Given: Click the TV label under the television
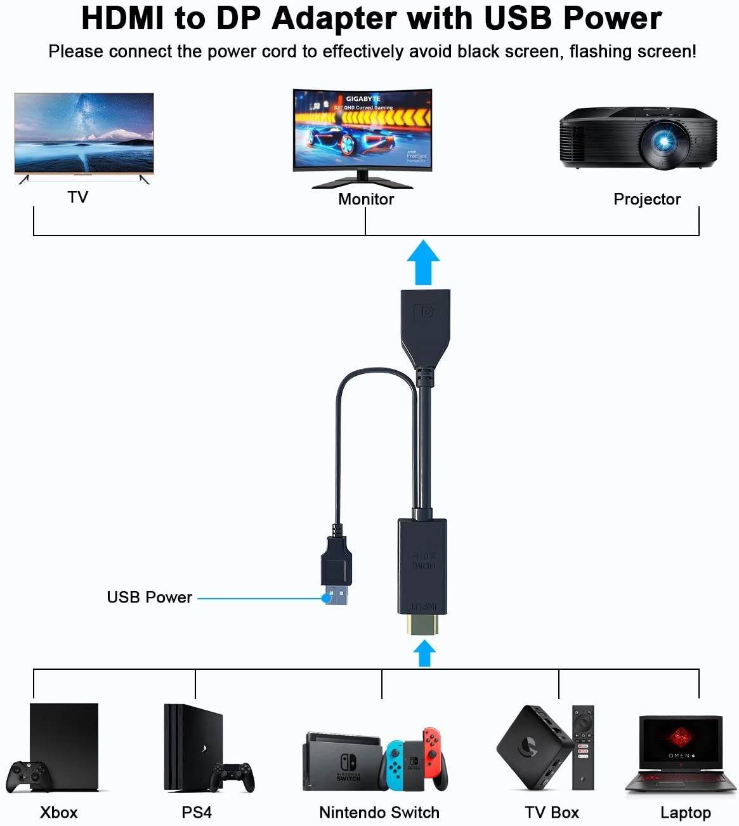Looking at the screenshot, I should coord(77,197).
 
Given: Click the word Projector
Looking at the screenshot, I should coord(646,199).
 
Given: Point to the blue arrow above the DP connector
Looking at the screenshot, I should coord(423,262).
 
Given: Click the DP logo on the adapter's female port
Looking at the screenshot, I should coord(424,312).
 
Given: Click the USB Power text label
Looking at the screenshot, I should coord(149,597).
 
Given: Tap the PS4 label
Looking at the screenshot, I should coord(197,813).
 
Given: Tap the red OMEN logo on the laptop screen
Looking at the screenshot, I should coord(680,738).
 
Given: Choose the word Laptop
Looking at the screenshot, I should coord(685,813).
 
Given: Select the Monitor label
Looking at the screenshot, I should coord(366,199).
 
